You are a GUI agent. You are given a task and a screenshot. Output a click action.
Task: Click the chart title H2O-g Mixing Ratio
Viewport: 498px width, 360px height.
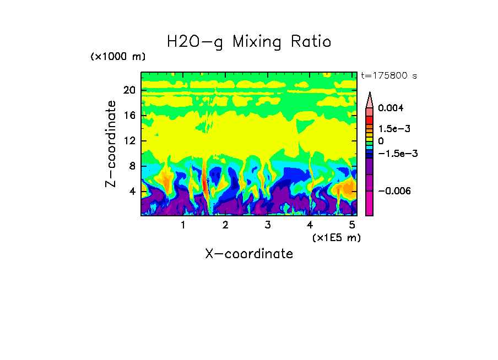249,42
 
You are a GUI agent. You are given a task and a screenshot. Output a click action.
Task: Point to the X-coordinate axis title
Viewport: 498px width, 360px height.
249,254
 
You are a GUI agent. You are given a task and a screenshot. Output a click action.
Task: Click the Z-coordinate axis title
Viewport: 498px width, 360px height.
111,144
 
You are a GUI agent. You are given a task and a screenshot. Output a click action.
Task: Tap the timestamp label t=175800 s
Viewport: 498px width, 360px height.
389,76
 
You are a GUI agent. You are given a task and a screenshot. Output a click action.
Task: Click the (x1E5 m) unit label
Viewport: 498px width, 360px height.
335,237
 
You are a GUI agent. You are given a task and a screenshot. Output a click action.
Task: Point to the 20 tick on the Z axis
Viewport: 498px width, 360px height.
129,90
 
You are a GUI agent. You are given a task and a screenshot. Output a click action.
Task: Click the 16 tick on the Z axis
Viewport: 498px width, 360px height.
129,116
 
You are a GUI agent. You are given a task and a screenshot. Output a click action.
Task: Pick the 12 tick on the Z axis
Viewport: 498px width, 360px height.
129,141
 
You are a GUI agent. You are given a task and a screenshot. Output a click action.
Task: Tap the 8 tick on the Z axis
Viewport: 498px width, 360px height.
132,166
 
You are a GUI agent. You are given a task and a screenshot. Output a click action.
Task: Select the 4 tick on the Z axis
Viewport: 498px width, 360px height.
132,192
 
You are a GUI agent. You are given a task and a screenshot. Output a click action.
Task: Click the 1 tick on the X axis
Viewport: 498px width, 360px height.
183,225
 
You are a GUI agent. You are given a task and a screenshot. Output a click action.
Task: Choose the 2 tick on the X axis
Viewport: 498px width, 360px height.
225,225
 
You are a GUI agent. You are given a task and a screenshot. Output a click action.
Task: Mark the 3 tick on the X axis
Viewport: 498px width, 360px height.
268,225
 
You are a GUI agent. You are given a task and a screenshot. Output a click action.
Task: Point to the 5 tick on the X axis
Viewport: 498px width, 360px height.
353,225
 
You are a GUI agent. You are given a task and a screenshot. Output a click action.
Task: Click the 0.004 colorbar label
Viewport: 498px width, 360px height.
391,108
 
